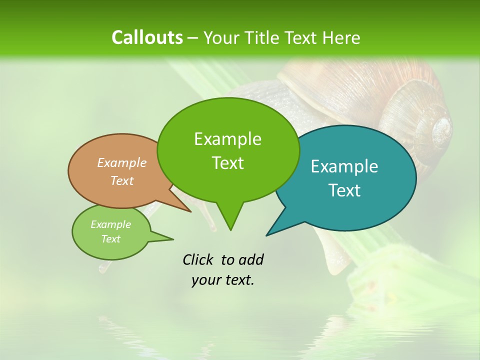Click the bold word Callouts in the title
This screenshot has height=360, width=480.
[x=147, y=37]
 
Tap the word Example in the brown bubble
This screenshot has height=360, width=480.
[x=122, y=162]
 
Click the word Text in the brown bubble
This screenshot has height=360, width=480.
[x=122, y=180]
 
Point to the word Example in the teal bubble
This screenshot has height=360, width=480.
[x=344, y=166]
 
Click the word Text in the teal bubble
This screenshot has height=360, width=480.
[x=344, y=190]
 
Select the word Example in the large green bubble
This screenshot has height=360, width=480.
[x=227, y=139]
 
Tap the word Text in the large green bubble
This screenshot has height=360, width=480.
[x=227, y=163]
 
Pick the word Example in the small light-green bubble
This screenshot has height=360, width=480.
[x=110, y=224]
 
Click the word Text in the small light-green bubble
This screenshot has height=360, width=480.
[x=110, y=239]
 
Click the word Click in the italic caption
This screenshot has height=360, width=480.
[x=198, y=259]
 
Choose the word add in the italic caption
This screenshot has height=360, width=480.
[x=250, y=259]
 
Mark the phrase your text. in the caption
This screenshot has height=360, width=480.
[x=223, y=280]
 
